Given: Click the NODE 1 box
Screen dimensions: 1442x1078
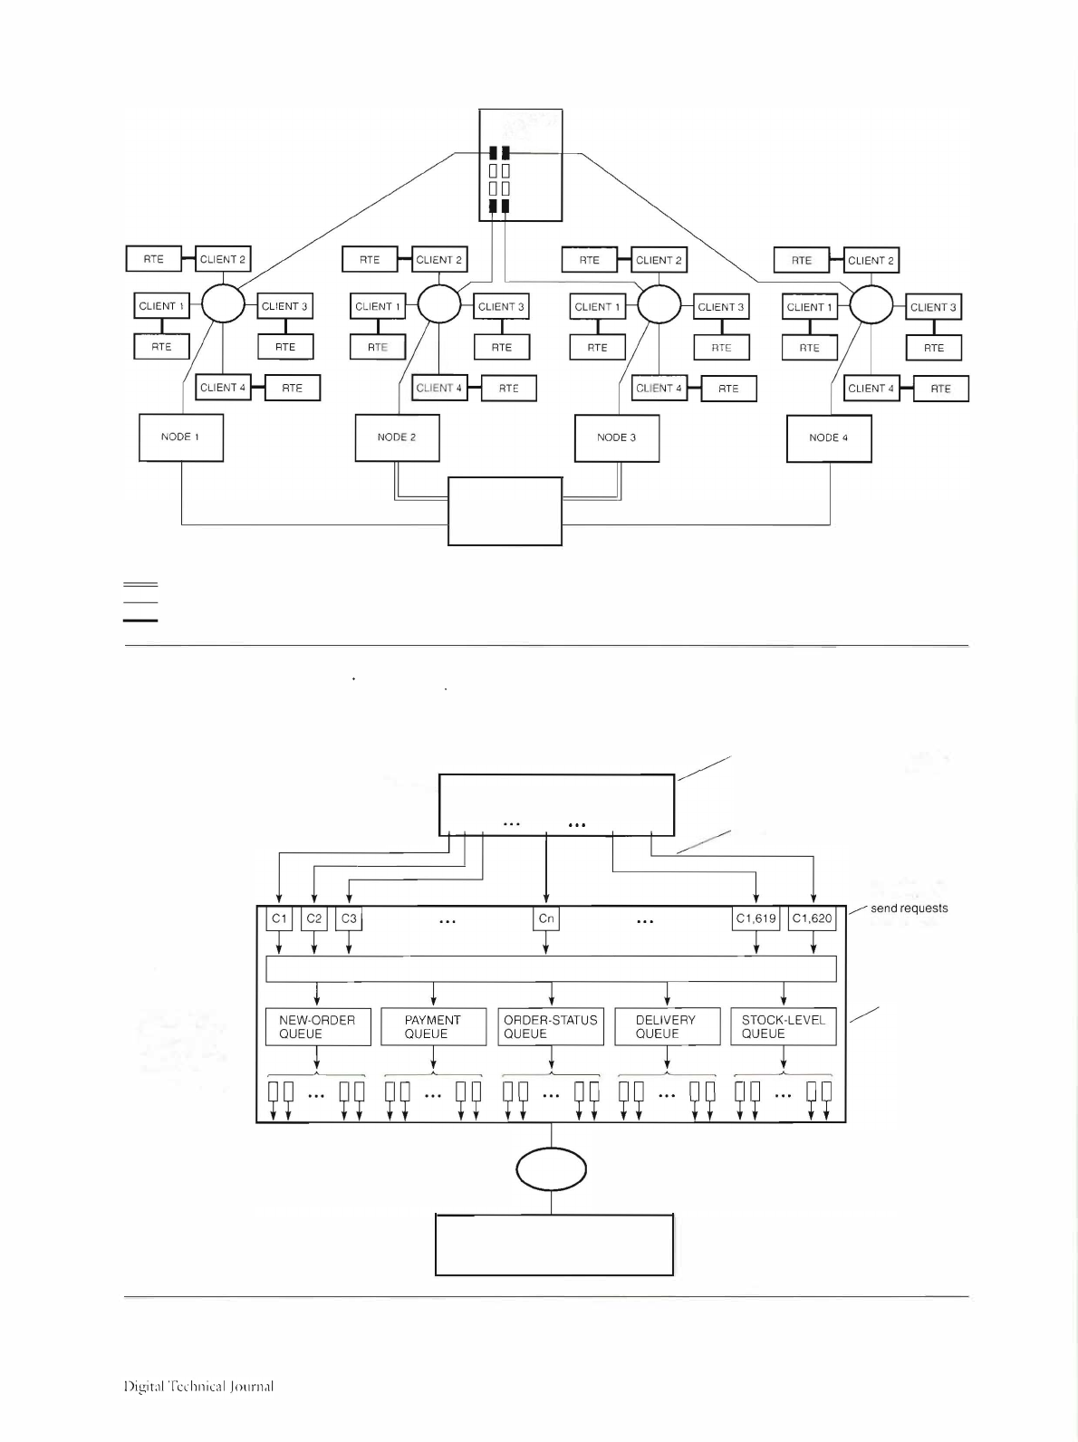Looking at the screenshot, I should [x=181, y=437].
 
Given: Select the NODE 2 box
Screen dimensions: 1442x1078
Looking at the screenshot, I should [x=397, y=437].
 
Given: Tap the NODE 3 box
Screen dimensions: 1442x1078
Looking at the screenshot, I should [x=617, y=438].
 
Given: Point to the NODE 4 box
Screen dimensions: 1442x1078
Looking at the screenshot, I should [x=829, y=438].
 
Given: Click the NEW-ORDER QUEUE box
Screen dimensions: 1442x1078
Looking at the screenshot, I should [x=318, y=1027].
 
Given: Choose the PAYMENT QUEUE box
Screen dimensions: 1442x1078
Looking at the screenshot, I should [x=434, y=1027].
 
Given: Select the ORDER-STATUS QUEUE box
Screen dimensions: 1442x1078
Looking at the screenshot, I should [x=551, y=1027].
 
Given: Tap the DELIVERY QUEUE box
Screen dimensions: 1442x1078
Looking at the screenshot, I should [x=667, y=1027].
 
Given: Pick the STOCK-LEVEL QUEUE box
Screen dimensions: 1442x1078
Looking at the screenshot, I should [x=783, y=1027].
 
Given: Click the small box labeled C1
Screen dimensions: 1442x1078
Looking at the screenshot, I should [x=279, y=918].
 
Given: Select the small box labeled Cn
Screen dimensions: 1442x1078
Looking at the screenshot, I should [x=546, y=919].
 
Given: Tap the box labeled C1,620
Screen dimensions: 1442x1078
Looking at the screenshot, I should [x=813, y=918].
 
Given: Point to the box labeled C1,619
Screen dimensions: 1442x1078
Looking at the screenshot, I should [x=756, y=918].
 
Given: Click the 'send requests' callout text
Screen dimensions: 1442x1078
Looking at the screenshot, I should [x=909, y=908].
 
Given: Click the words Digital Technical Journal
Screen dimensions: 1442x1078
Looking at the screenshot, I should [x=198, y=1387].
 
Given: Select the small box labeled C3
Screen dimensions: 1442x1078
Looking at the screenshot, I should [x=349, y=918].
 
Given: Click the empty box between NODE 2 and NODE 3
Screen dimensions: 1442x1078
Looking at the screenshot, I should [x=505, y=512].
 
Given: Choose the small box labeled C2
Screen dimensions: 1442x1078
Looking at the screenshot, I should [x=313, y=918].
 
